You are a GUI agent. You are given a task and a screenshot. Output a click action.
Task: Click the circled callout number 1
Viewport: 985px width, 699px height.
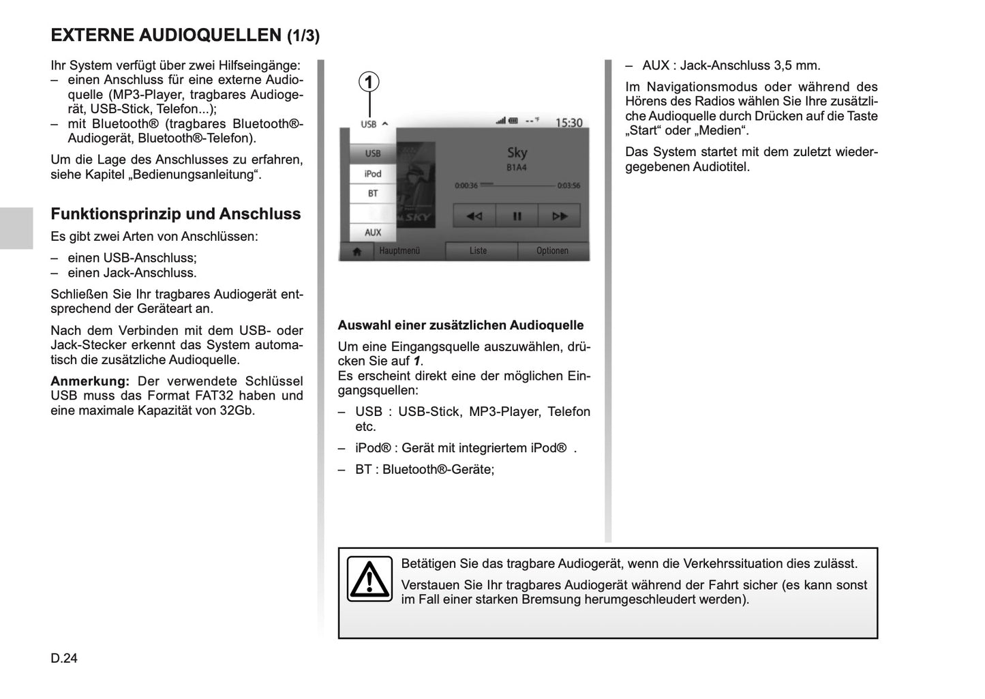pyautogui.click(x=369, y=83)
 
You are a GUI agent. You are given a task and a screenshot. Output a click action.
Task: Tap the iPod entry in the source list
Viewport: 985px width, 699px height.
pyautogui.click(x=373, y=174)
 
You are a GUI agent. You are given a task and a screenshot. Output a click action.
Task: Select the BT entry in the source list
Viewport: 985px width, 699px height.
pyautogui.click(x=373, y=194)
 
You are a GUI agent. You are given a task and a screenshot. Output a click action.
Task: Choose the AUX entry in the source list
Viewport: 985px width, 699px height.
pyautogui.click(x=373, y=233)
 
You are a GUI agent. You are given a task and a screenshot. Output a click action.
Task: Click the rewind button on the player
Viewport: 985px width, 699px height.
pyautogui.click(x=474, y=216)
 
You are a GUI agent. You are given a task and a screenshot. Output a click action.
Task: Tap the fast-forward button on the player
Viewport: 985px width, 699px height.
pyautogui.click(x=560, y=216)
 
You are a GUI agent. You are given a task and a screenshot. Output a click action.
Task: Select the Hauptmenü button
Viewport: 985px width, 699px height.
pyautogui.click(x=399, y=251)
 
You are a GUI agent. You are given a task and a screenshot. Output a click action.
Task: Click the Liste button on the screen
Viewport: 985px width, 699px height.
pyautogui.click(x=479, y=251)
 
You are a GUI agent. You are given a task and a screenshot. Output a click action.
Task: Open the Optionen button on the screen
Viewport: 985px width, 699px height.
pyautogui.click(x=552, y=251)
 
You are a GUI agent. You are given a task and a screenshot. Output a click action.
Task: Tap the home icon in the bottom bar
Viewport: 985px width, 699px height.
pyautogui.click(x=356, y=251)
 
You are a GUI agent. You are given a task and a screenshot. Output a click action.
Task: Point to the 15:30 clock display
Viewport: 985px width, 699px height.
pyautogui.click(x=569, y=123)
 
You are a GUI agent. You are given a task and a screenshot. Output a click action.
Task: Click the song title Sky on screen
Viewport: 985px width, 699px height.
pyautogui.click(x=517, y=153)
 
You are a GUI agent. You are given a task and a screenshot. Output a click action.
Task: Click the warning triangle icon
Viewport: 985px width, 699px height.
pyautogui.click(x=369, y=579)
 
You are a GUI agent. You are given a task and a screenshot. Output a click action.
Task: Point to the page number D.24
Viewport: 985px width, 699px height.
pyautogui.click(x=64, y=659)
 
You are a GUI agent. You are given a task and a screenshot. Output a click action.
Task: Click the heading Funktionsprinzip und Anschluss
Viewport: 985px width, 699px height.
pyautogui.click(x=176, y=214)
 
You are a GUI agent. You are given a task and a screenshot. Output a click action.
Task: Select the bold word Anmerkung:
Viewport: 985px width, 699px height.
pyautogui.click(x=90, y=381)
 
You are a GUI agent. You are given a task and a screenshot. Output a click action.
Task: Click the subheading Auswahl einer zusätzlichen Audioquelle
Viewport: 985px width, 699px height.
pyautogui.click(x=461, y=325)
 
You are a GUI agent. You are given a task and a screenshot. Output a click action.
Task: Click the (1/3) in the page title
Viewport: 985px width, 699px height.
pyautogui.click(x=303, y=36)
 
